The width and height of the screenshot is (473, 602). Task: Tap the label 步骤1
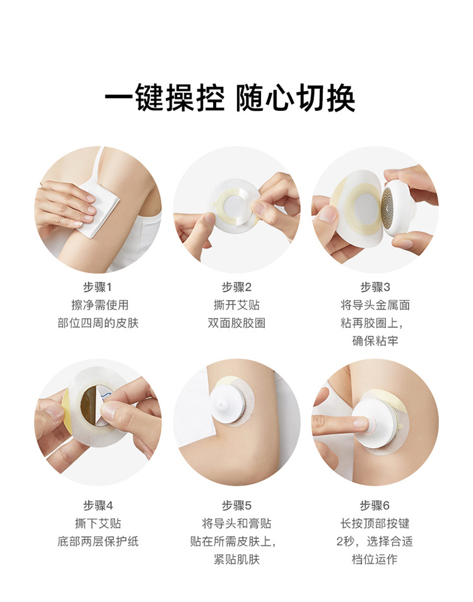(98, 287)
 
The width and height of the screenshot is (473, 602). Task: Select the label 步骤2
(237, 287)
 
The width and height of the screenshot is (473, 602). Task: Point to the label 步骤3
(375, 287)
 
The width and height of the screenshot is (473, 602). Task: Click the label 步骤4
(98, 506)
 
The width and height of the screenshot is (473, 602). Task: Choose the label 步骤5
(237, 506)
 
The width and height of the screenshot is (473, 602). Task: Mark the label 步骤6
(375, 506)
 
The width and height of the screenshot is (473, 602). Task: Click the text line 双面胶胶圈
(237, 323)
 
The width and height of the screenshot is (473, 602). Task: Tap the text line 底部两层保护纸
(98, 541)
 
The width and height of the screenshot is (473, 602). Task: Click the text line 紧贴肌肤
(237, 559)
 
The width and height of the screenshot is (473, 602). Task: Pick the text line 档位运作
(375, 559)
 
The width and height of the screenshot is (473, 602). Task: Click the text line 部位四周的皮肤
(98, 323)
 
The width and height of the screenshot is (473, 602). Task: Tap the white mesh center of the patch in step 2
(235, 203)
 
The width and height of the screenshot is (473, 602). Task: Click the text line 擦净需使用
(98, 305)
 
